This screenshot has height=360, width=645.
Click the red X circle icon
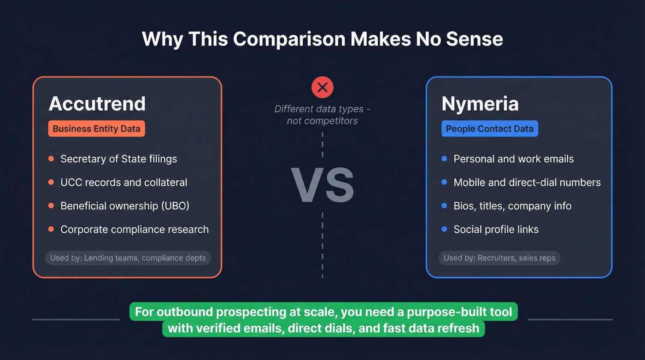(x=322, y=87)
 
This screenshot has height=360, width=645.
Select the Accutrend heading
(x=97, y=104)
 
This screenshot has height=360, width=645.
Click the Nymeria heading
(x=480, y=104)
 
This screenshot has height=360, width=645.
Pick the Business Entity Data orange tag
(x=96, y=129)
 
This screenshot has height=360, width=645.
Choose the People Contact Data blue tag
(x=489, y=129)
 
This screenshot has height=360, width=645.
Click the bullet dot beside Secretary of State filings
(x=51, y=159)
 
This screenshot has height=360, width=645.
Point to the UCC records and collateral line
(x=123, y=183)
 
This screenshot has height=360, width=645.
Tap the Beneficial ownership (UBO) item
(x=125, y=206)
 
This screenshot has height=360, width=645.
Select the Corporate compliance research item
(x=135, y=230)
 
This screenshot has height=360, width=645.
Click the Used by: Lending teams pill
(x=128, y=258)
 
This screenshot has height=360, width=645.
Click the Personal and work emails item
(x=513, y=159)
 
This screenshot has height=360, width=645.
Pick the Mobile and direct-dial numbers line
(x=527, y=183)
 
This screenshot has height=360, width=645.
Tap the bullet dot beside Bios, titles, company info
(x=444, y=206)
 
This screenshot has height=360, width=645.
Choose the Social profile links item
(x=496, y=230)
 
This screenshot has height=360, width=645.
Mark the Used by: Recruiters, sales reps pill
(x=499, y=258)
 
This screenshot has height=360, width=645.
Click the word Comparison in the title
(x=288, y=39)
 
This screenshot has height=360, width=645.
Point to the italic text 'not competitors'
(x=322, y=121)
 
